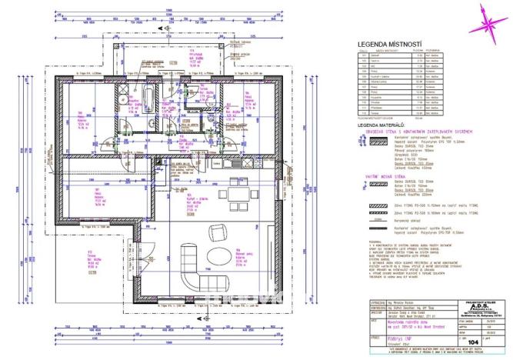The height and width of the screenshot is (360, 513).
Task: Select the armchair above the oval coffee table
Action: click(x=218, y=231)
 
